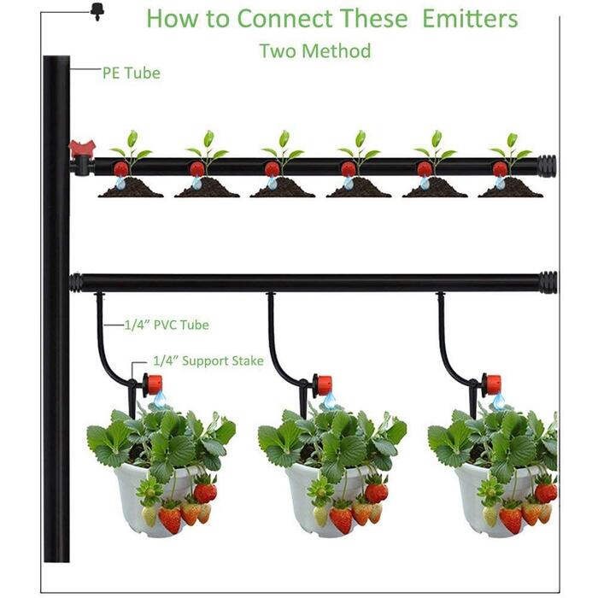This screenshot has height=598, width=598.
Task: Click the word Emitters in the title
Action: (470, 18)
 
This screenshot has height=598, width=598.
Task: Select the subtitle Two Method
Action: (315, 50)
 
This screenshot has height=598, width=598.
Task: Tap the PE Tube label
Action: (132, 73)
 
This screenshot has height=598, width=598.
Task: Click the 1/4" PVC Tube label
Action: (167, 325)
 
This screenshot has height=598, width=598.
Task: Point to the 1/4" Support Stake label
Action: (208, 361)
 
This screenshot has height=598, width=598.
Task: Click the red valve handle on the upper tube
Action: (82, 149)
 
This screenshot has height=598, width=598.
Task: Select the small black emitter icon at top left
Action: (97, 12)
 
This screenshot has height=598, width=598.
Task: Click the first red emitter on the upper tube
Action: (120, 168)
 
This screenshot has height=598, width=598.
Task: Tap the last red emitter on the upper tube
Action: (500, 169)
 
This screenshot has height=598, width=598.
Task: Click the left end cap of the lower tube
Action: (75, 283)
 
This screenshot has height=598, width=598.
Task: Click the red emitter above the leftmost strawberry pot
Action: (153, 384)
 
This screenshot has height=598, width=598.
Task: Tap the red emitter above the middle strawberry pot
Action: (324, 385)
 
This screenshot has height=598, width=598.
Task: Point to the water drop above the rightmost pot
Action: (499, 401)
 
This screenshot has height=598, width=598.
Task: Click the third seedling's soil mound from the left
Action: (283, 188)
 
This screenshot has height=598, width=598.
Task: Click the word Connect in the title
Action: (284, 18)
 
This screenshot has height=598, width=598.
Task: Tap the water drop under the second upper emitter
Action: (196, 184)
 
